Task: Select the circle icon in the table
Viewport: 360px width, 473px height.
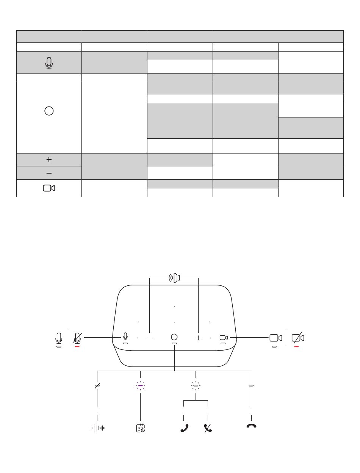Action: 49,111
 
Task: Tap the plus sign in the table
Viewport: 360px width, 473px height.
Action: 49,160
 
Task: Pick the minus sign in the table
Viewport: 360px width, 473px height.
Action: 49,173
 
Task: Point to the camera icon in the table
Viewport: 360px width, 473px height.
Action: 49,188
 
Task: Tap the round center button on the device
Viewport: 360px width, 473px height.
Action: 174,337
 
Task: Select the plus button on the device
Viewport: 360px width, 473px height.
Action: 198,337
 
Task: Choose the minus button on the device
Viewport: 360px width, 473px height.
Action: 150,337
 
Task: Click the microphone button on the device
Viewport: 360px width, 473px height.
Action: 125,337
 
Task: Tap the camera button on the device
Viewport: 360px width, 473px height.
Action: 224,337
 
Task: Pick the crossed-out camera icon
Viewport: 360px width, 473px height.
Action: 298,337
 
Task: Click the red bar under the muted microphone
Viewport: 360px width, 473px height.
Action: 77,346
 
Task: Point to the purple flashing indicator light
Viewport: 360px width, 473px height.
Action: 141,385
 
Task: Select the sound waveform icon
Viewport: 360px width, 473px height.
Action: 97,428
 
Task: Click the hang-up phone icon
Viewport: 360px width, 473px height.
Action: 251,426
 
